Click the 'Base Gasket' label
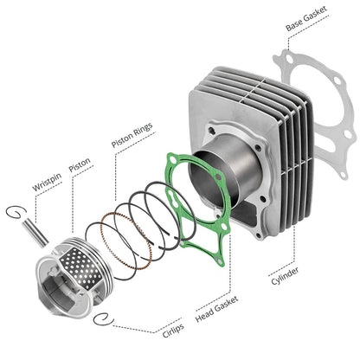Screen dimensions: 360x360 coord(306,18)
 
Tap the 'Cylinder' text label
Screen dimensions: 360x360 coord(285,276)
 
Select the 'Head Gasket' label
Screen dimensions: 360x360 coord(217,309)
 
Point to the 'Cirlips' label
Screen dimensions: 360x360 coord(173,331)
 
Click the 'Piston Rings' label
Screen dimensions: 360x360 coord(132,135)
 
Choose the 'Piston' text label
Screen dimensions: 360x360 coord(80,164)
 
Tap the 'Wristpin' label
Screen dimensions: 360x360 coord(47,182)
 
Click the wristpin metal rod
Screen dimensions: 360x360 coord(35,233)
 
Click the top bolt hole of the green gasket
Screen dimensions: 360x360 coord(173,159)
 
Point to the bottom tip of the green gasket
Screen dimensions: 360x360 coord(222,266)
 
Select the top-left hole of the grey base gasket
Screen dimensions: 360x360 coord(289,59)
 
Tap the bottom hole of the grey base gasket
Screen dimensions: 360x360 coord(343,174)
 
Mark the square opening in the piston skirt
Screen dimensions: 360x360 coord(59,292)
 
